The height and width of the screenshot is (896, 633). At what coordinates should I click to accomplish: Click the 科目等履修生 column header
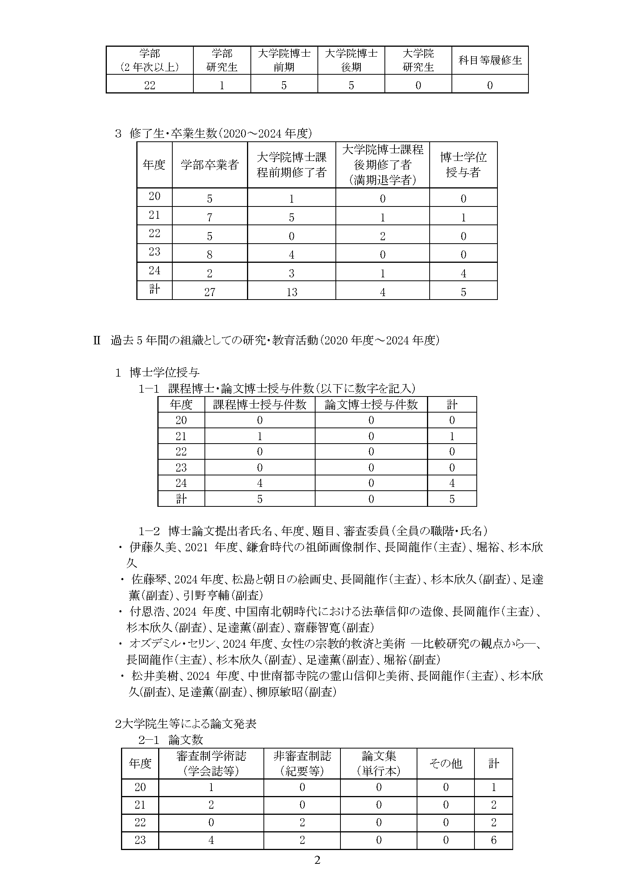click(x=490, y=60)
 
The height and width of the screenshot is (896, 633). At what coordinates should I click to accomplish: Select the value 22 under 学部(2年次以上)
click(x=149, y=85)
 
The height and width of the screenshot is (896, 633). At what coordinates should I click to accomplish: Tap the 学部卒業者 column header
click(x=209, y=165)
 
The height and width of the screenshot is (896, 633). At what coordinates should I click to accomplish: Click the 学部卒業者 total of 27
click(x=209, y=292)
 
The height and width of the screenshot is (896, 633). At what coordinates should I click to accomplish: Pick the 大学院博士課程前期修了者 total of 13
click(x=291, y=292)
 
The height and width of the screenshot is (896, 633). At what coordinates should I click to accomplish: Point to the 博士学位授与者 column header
click(x=463, y=165)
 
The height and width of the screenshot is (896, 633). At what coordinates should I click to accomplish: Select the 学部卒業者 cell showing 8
click(x=209, y=255)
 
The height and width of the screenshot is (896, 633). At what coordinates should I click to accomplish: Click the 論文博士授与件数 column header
click(x=371, y=405)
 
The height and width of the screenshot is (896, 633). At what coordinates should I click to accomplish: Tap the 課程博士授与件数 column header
click(x=259, y=405)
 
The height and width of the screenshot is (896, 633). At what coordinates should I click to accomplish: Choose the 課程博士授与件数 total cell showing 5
click(x=259, y=499)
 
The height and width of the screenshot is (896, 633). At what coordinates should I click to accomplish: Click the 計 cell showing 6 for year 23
click(x=493, y=840)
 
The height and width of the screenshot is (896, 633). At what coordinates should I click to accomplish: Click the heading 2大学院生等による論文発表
click(x=186, y=724)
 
